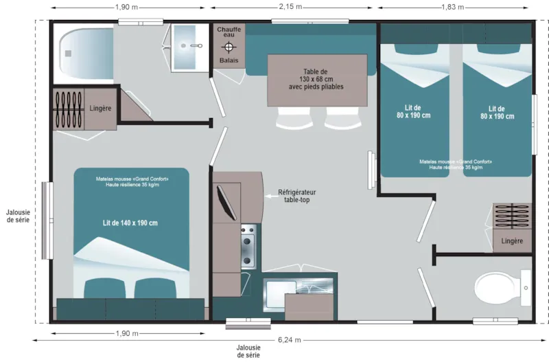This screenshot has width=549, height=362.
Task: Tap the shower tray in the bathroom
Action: coord(85,52)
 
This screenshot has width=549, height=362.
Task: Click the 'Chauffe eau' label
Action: coord(229,32)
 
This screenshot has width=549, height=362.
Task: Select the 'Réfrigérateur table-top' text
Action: coord(299,196)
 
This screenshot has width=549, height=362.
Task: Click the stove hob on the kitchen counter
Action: coord(247,248)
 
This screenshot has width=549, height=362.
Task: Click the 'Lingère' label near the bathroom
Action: coord(100,109)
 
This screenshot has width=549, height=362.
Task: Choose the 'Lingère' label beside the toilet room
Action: coord(512,241)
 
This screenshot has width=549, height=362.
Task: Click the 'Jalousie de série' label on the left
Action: coord(16,216)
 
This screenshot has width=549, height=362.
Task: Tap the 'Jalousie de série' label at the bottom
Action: coord(248,351)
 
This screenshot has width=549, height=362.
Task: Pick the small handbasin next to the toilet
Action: coord(526,289)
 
